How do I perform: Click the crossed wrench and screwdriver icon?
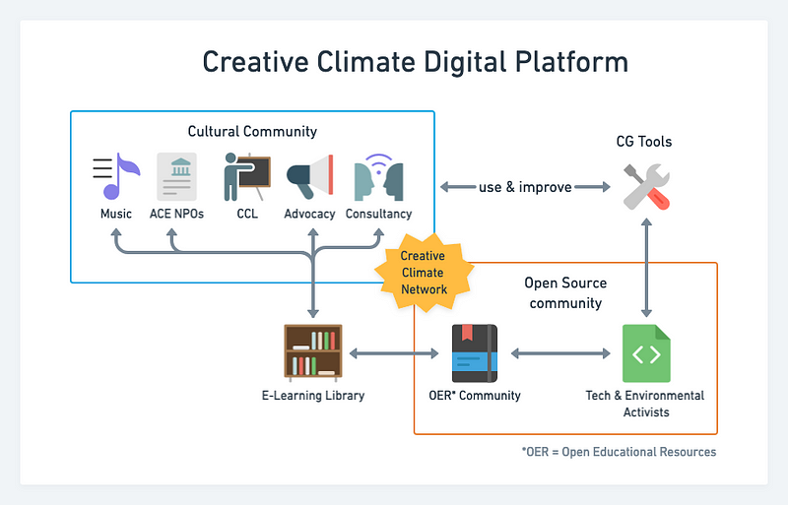coord(647,186)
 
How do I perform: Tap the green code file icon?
coord(646,353)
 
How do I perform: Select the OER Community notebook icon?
coord(475,353)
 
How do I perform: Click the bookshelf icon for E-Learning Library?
coord(313,352)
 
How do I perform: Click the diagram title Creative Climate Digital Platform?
coord(415,62)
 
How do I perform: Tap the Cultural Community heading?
coord(252,131)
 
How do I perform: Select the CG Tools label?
coord(644,142)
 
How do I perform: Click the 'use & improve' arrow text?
coord(525,187)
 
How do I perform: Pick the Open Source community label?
coord(564,292)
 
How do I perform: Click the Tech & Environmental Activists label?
coord(645,404)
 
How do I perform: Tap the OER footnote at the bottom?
coord(619,452)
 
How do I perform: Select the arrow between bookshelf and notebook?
coord(394,353)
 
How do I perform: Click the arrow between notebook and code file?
coord(559,353)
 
